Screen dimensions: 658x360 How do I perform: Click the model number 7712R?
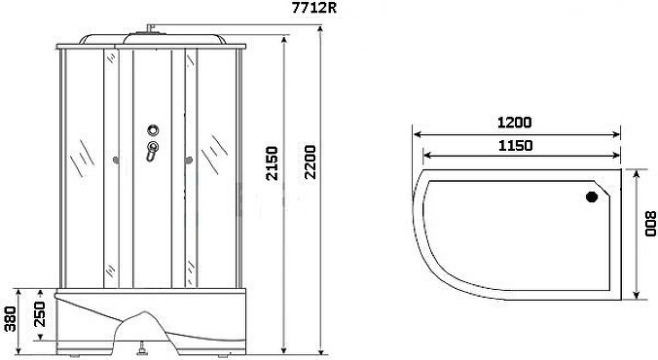pyautogui.click(x=314, y=9)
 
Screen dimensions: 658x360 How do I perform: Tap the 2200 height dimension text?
pyautogui.click(x=311, y=162)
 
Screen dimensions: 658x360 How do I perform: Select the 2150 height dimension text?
pyautogui.click(x=272, y=163)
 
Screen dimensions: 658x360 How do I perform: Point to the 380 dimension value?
pyautogui.click(x=10, y=319)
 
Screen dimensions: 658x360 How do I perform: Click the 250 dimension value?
pyautogui.click(x=39, y=314)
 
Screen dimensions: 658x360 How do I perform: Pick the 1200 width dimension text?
pyautogui.click(x=515, y=123)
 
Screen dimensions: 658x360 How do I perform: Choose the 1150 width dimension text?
pyautogui.click(x=516, y=146)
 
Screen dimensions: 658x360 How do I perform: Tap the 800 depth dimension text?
pyautogui.click(x=650, y=223)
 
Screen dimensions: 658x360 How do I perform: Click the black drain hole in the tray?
pyautogui.click(x=592, y=197)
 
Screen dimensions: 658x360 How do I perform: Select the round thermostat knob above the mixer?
pyautogui.click(x=153, y=130)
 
